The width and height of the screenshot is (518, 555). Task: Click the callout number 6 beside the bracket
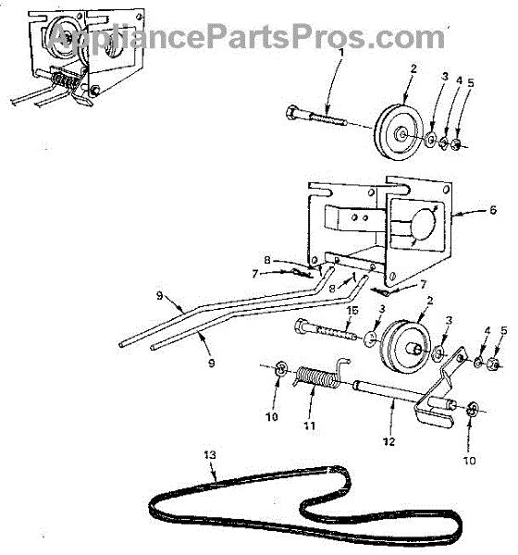point(493,210)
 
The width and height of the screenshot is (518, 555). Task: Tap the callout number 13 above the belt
point(210,454)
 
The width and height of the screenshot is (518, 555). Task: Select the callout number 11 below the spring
point(310,425)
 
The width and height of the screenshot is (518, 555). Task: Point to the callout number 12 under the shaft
point(388,441)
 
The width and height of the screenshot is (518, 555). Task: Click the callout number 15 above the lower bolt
point(352,311)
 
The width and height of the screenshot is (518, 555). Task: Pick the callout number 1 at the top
point(341,53)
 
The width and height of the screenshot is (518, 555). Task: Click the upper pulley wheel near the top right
point(399,131)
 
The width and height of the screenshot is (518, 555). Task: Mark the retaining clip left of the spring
point(280,368)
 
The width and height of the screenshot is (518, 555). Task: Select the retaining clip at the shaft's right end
point(473,409)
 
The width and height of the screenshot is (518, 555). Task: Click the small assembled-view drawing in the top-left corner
point(78,57)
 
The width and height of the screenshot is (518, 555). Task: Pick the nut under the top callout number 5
point(456,143)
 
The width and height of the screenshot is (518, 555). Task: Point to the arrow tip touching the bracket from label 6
point(453,214)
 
